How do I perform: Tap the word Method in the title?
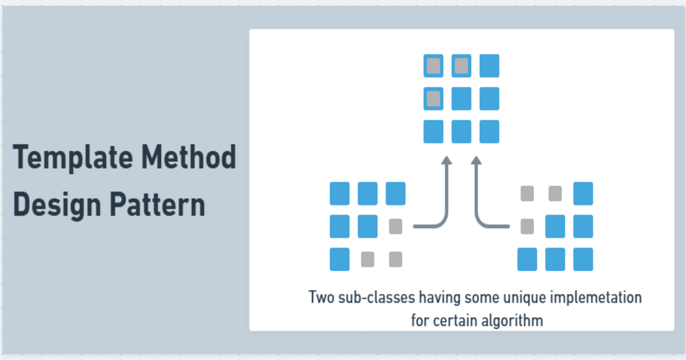(189, 157)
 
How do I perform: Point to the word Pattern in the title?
(157, 204)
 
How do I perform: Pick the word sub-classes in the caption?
(376, 297)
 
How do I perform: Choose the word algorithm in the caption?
(512, 321)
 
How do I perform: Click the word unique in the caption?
(525, 298)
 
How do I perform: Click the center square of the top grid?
(461, 99)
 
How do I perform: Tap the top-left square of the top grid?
(433, 66)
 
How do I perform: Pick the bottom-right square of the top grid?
(489, 132)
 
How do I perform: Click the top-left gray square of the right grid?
(527, 193)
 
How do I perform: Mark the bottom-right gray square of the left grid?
(395, 259)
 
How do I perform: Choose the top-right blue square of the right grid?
(583, 193)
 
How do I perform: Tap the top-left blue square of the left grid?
(340, 193)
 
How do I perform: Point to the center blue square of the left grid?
(367, 227)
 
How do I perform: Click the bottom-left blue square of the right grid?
(527, 259)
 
